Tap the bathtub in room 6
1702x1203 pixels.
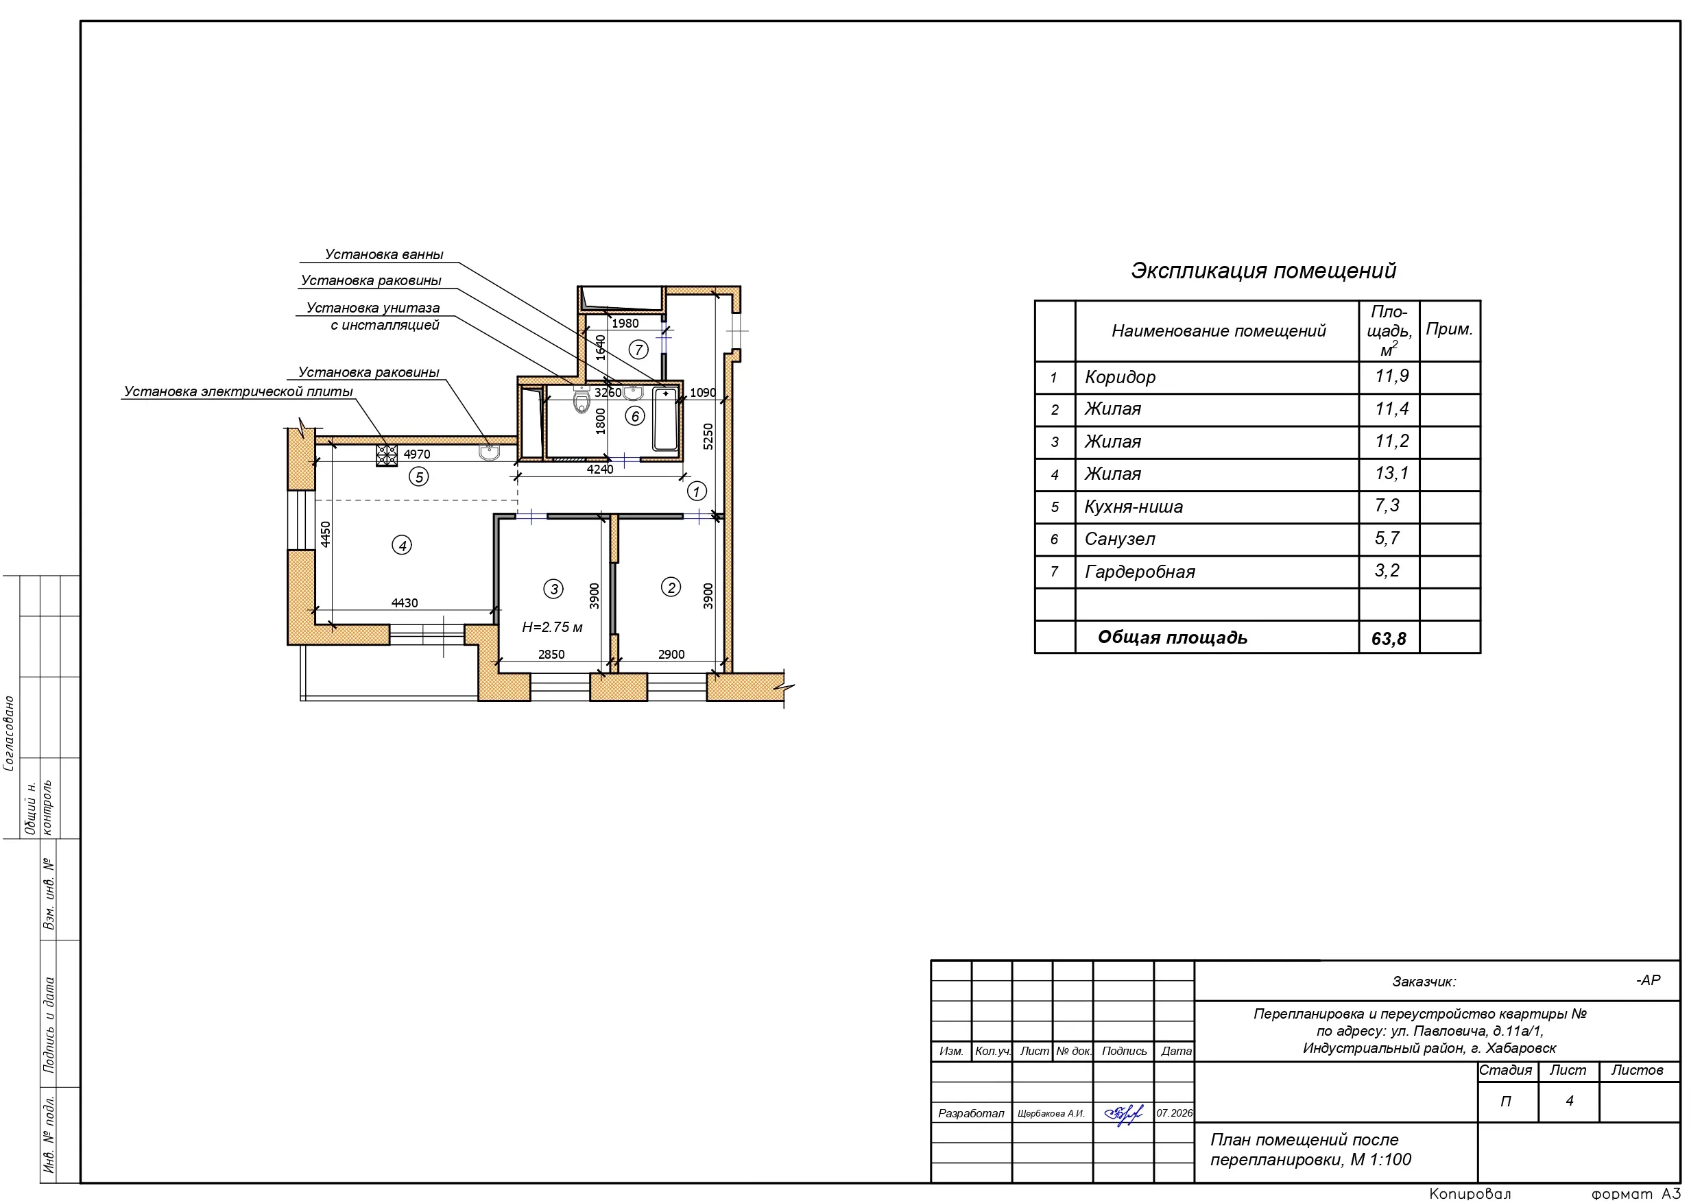pyautogui.click(x=665, y=419)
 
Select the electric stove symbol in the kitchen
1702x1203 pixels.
pyautogui.click(x=386, y=455)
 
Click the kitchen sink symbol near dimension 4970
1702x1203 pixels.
pyautogui.click(x=489, y=452)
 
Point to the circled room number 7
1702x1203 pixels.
pyautogui.click(x=638, y=349)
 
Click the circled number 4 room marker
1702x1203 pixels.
pyautogui.click(x=402, y=546)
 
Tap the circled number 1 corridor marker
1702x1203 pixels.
pyautogui.click(x=696, y=491)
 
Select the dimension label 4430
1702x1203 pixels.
pyautogui.click(x=405, y=603)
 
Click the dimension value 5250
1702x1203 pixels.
pyautogui.click(x=708, y=437)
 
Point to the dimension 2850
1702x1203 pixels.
pyautogui.click(x=551, y=655)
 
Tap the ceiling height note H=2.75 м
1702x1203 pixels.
pyautogui.click(x=552, y=627)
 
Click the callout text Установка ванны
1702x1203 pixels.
pyautogui.click(x=384, y=254)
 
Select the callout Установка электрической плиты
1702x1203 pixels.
pyautogui.click(x=238, y=391)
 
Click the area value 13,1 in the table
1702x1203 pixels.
pyautogui.click(x=1391, y=473)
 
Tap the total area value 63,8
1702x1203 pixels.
pyautogui.click(x=1389, y=638)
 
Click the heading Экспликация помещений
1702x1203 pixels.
pyautogui.click(x=1263, y=271)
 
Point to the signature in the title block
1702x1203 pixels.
pyautogui.click(x=1124, y=1113)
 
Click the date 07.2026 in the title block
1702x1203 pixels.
pyautogui.click(x=1175, y=1113)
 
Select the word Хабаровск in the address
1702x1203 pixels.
pyautogui.click(x=1521, y=1048)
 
